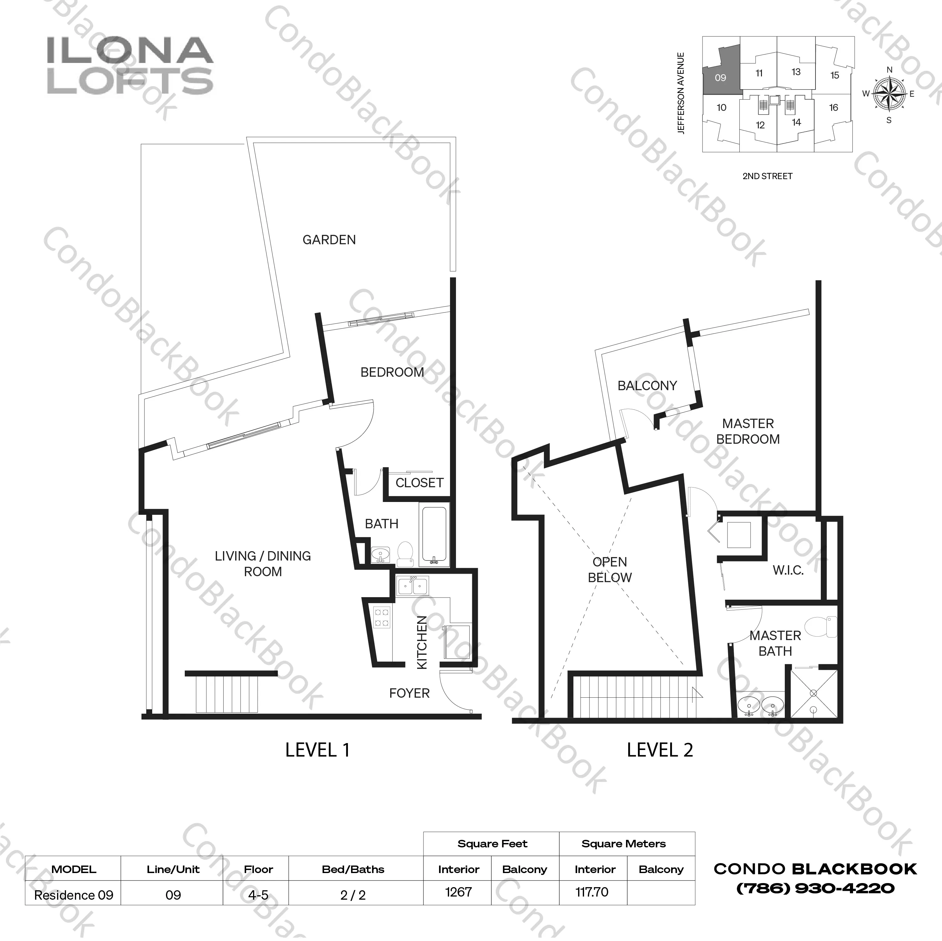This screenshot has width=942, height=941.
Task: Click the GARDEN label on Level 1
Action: [x=329, y=240]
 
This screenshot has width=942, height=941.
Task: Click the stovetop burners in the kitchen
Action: [x=381, y=617]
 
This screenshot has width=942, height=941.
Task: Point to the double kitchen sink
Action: [x=412, y=586]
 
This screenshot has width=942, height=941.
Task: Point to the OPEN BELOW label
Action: [x=609, y=570]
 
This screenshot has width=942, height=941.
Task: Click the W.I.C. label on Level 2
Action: [x=788, y=570]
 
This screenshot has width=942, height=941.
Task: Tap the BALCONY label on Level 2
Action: [x=647, y=386]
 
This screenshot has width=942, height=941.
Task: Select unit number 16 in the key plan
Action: [x=834, y=108]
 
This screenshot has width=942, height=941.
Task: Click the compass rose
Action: [x=888, y=94]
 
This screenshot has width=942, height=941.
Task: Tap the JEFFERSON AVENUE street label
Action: [x=681, y=93]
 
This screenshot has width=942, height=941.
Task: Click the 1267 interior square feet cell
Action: [x=458, y=892]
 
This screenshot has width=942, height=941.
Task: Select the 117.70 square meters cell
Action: [x=592, y=892]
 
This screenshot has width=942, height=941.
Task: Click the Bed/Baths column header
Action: [x=353, y=869]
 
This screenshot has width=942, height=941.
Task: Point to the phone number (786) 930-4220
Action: [x=815, y=888]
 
